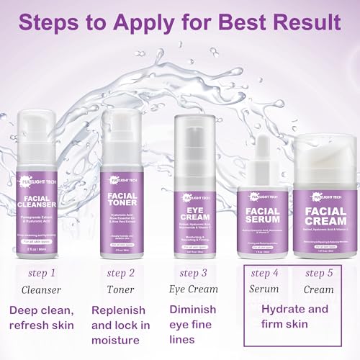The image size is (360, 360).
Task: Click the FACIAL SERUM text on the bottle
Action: (264, 218)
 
